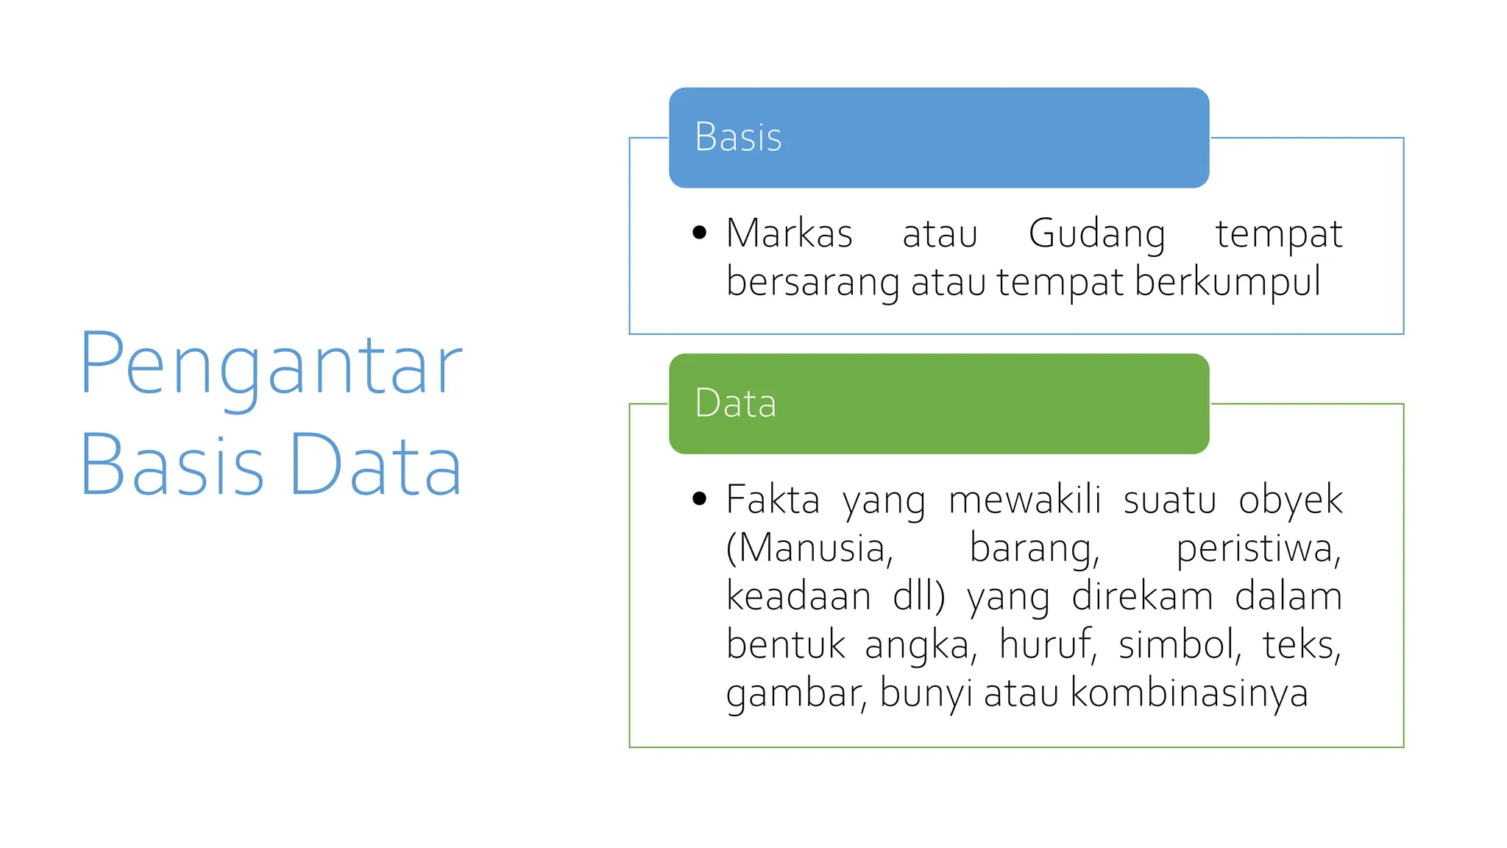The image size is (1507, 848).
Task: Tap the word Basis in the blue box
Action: [738, 137]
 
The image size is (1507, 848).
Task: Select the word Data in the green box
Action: [735, 403]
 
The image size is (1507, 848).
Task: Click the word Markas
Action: [789, 233]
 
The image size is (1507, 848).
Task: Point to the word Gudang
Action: [1096, 235]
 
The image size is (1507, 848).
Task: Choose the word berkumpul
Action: [1227, 283]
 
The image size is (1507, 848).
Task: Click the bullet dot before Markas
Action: [699, 233]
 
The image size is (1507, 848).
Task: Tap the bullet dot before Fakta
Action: [699, 499]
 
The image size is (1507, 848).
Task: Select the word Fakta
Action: [773, 500]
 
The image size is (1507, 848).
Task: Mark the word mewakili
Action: [1024, 500]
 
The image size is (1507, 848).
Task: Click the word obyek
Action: [1290, 501]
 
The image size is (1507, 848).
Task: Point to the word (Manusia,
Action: [809, 549]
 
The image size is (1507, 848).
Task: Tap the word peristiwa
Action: [1258, 549]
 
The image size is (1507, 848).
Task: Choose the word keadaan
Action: [798, 596]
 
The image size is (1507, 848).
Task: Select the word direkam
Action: [1142, 596]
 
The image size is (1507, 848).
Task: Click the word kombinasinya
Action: [1189, 693]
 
